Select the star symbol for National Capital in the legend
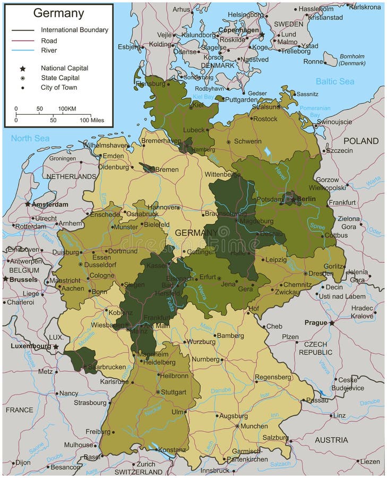pyautogui.click(x=22, y=69)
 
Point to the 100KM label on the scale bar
pyautogui.click(x=67, y=109)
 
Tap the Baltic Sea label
pyautogui.click(x=334, y=81)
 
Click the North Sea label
pyautogui.click(x=30, y=139)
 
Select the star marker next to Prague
pyautogui.click(x=332, y=322)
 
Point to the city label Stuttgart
pyautogui.click(x=174, y=392)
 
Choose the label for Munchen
pyautogui.click(x=254, y=426)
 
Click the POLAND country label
pyautogui.click(x=361, y=141)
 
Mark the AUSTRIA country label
pyautogui.click(x=331, y=440)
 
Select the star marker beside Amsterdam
pyautogui.click(x=28, y=204)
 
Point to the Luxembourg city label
pyautogui.click(x=30, y=346)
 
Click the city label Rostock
pyautogui.click(x=265, y=119)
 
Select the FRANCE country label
pyautogui.click(x=20, y=410)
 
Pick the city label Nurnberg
pyautogui.click(x=205, y=360)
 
